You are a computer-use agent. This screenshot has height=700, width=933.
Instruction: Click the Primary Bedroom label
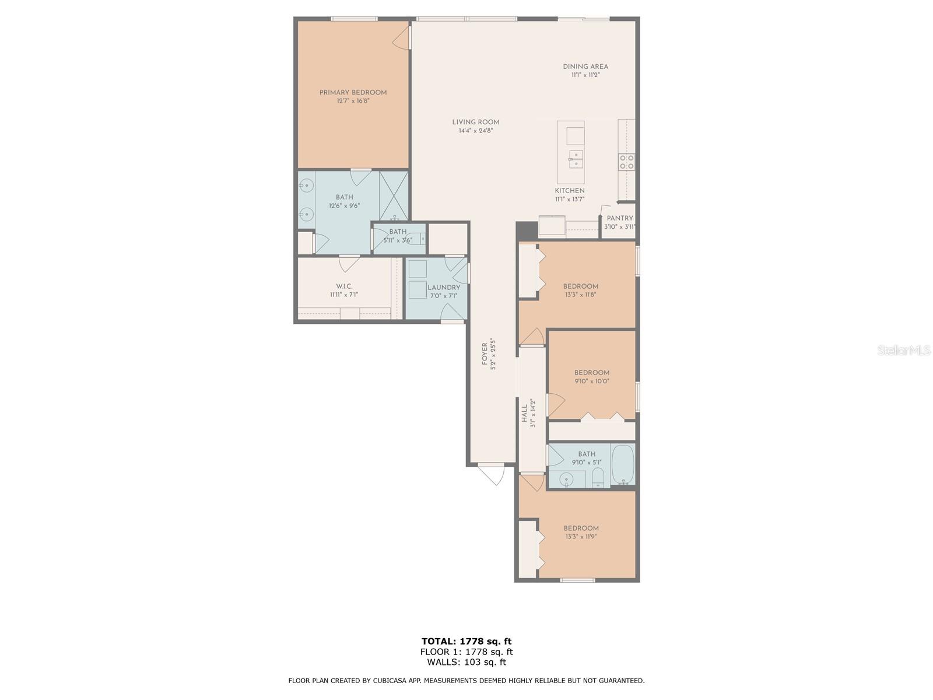tap(353, 92)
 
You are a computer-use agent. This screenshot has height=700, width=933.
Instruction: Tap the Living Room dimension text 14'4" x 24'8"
tap(475, 131)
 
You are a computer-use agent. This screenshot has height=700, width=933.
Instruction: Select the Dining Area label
tap(585, 66)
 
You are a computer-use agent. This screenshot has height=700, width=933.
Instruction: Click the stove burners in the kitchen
tap(626, 162)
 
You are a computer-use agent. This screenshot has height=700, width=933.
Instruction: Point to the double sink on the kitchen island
tap(576, 159)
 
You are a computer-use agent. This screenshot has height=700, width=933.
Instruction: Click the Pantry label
tap(620, 218)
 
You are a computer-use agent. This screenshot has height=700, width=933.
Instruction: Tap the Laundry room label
tap(444, 288)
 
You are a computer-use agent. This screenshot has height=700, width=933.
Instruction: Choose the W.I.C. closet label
tap(344, 286)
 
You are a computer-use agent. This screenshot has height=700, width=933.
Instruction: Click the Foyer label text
tap(484, 354)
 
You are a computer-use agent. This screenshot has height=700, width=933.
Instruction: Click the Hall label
tap(524, 414)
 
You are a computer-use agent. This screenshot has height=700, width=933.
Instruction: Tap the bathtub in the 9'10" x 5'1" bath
tap(623, 465)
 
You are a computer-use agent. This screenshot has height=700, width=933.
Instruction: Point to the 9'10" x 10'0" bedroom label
tap(592, 373)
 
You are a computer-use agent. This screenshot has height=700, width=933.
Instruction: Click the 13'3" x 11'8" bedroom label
tap(581, 286)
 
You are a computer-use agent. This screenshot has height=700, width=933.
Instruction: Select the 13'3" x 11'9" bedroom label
tap(581, 528)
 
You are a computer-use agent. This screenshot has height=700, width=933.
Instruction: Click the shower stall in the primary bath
tap(394, 195)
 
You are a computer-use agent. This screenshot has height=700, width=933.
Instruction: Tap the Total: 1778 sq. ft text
tap(466, 641)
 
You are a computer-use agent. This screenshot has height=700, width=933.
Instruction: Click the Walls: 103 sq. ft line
tap(466, 661)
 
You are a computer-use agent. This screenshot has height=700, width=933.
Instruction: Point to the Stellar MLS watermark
tap(904, 350)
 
